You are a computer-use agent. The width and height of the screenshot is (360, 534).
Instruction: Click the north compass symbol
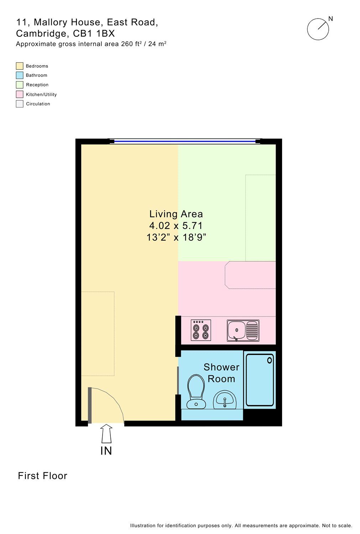pyautogui.click(x=318, y=29)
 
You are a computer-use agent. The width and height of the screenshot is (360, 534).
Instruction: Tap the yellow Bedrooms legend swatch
pyautogui.click(x=20, y=66)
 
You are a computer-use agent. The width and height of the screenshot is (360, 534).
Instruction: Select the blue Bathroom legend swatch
pyautogui.click(x=20, y=75)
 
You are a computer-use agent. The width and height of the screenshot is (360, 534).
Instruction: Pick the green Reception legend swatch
pyautogui.click(x=20, y=85)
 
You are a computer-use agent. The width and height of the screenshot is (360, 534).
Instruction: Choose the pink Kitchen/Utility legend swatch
pyautogui.click(x=20, y=94)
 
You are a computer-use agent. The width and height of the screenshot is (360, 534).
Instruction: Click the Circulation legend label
pyautogui.click(x=38, y=104)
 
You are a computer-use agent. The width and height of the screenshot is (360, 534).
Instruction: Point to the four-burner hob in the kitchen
pyautogui.click(x=201, y=330)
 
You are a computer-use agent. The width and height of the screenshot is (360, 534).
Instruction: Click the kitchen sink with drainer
pyautogui.click(x=243, y=330)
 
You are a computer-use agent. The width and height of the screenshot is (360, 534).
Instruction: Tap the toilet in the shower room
pyautogui.click(x=196, y=392)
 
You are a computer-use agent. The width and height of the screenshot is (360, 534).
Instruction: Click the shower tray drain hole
pyautogui.click(x=270, y=360)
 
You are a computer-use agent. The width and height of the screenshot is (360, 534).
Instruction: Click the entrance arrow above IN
pyautogui.click(x=106, y=433)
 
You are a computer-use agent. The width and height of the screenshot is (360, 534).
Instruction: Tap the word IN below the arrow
pyautogui.click(x=106, y=451)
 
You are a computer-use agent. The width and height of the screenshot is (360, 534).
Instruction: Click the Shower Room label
pyautogui.click(x=221, y=373)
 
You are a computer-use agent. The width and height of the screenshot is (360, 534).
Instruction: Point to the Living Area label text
pyautogui.click(x=176, y=214)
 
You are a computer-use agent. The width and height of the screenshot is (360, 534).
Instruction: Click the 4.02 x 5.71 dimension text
pyautogui.click(x=176, y=226)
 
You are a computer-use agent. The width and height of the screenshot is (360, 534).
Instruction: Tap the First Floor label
pyautogui.click(x=42, y=476)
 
